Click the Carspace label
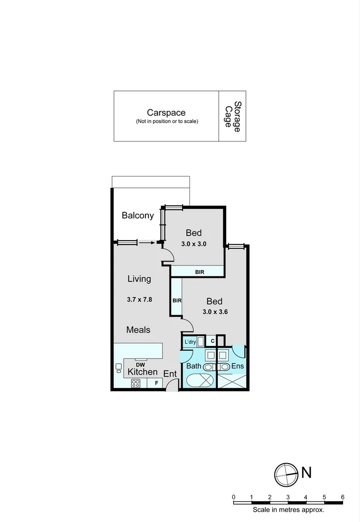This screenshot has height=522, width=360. click(166, 113)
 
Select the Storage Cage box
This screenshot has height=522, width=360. click(232, 116)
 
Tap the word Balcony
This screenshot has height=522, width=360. click(138, 216)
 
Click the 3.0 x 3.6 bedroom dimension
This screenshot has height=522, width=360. click(215, 312)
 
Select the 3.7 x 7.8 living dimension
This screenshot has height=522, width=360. click(140, 299)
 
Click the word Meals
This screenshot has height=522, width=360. click(138, 330)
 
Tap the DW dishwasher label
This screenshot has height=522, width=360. click(140, 364)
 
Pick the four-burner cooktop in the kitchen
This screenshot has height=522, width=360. click(136, 384)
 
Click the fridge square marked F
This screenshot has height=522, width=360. click(156, 383)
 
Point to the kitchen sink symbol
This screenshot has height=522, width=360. click(118, 368)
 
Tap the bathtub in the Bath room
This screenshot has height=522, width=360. click(199, 380)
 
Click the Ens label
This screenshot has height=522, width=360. click(237, 366)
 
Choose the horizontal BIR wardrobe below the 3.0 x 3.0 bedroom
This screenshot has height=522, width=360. click(200, 272)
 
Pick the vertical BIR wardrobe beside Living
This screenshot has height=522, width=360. click(177, 300)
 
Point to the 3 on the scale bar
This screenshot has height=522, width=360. click(288, 497)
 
